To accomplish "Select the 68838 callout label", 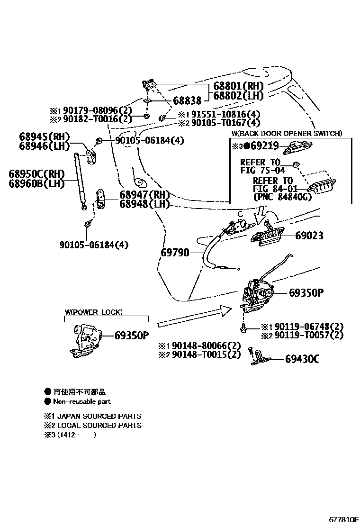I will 187,100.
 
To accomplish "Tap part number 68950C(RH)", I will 36,174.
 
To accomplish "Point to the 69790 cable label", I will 175,253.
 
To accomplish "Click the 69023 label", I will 310,235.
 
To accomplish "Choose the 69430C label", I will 302,359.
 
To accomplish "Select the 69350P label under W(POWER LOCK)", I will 132,336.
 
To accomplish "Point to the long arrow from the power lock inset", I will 194,317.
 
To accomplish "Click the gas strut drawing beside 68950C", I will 80,180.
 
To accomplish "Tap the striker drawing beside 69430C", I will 259,358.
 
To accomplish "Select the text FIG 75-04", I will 263,171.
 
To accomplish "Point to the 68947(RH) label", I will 144,195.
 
